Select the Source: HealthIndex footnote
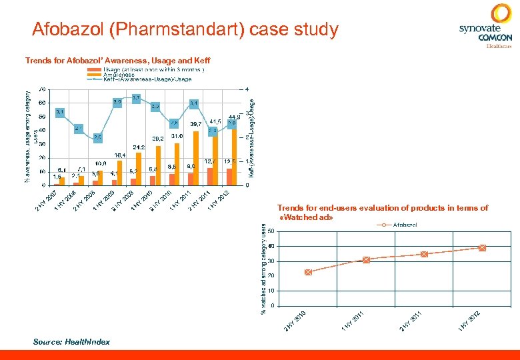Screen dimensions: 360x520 click(x=71, y=341)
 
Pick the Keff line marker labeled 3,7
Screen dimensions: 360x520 click(x=136, y=98)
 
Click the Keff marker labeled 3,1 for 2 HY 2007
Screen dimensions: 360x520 click(x=59, y=112)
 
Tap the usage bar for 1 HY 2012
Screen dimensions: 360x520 click(x=229, y=177)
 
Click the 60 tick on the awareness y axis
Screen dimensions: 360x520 click(x=43, y=103)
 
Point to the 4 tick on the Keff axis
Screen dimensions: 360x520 click(x=247, y=89)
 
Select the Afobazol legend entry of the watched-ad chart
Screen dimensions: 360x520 click(x=399, y=225)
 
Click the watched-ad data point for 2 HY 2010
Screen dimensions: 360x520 click(x=308, y=272)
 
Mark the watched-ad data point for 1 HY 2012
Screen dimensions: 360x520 click(x=482, y=248)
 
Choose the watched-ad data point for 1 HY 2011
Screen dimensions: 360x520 click(x=366, y=260)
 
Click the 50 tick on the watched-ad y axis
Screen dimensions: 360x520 click(x=270, y=232)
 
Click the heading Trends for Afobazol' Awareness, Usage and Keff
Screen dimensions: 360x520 click(x=117, y=61)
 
